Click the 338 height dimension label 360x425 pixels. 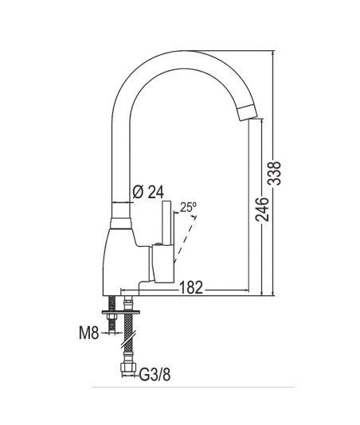(x=274, y=174)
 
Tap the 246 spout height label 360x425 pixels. (x=262, y=209)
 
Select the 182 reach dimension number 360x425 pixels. (x=191, y=287)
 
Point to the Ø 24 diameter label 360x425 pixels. (x=148, y=192)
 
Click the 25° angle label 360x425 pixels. (x=188, y=207)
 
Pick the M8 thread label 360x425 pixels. (x=88, y=333)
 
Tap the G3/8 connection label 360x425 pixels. (x=155, y=375)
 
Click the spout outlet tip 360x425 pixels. (x=248, y=113)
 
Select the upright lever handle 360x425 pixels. (x=166, y=223)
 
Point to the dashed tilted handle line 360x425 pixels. (x=185, y=240)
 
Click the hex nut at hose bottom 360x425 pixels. (x=127, y=368)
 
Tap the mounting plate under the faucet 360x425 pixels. (x=121, y=312)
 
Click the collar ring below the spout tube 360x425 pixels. (x=121, y=223)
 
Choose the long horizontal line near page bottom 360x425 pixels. (x=193, y=388)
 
